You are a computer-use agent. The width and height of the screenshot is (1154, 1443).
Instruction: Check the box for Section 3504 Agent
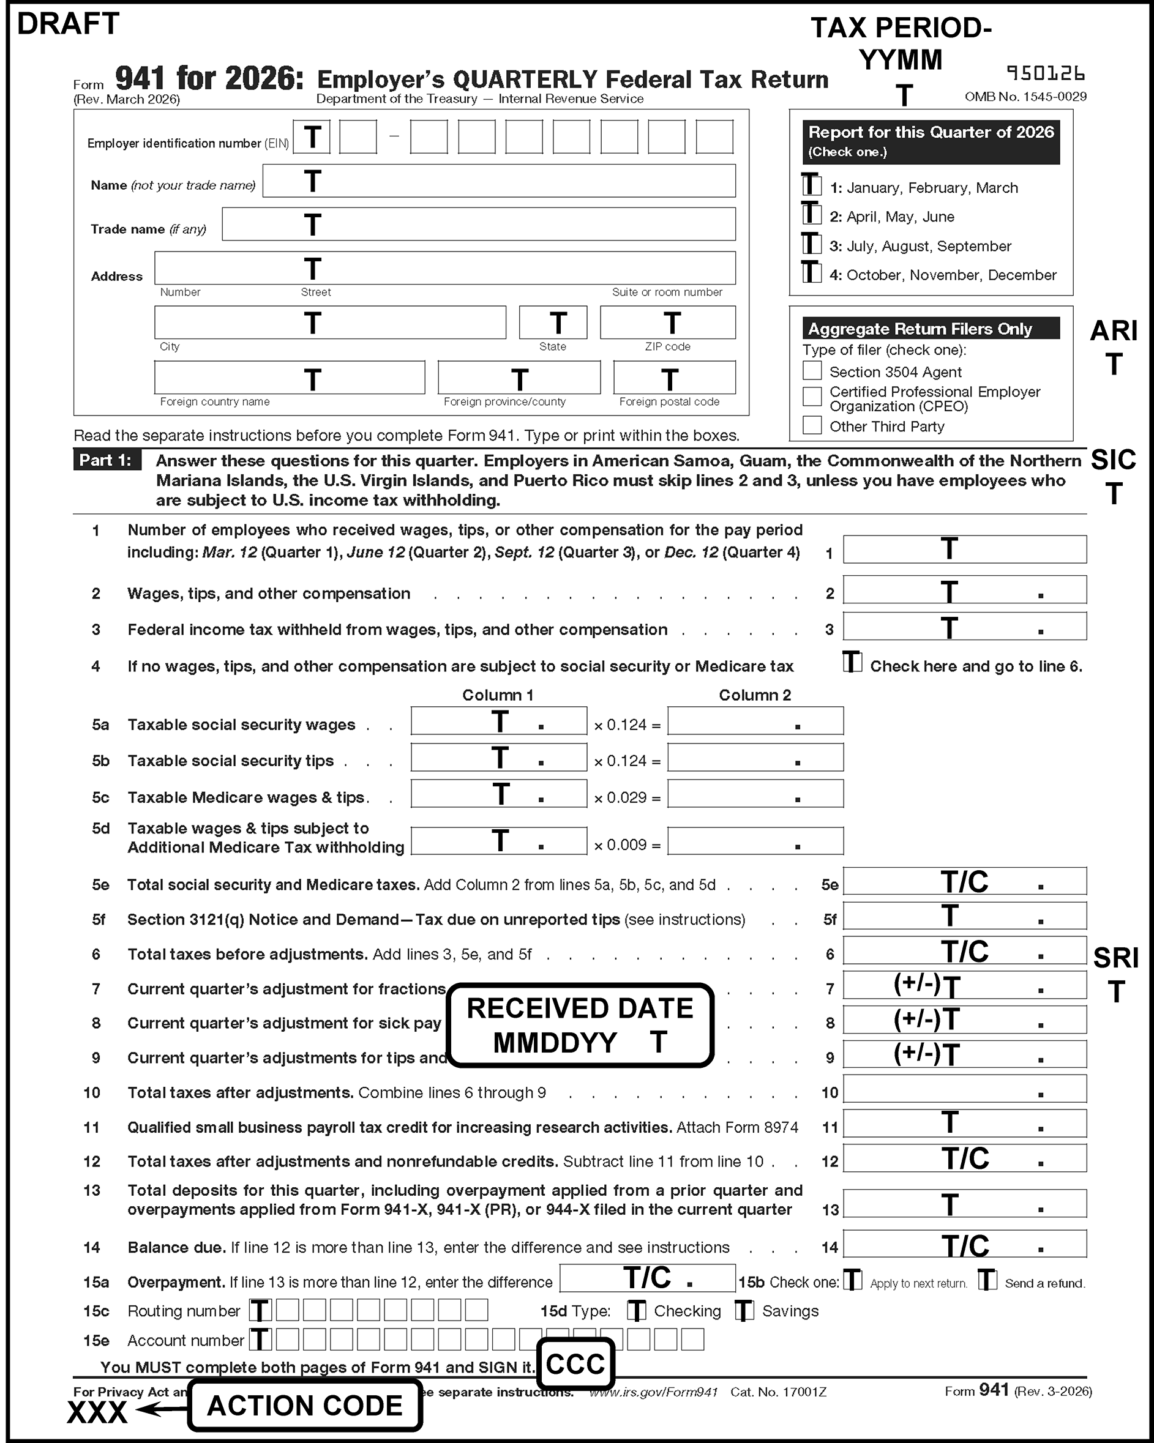coord(812,371)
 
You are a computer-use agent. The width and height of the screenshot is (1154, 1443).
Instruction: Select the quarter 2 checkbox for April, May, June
coord(812,214)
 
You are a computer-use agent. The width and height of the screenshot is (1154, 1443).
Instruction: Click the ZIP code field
coord(667,323)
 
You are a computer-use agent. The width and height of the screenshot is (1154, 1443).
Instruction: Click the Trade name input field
coord(479,224)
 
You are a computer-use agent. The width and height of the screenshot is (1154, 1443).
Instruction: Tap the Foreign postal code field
coord(674,378)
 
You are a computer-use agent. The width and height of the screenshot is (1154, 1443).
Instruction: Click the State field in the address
coord(553,323)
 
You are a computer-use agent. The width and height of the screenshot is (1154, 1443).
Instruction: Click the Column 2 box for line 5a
coord(755,721)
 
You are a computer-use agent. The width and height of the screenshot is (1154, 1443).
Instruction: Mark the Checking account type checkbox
coord(637,1310)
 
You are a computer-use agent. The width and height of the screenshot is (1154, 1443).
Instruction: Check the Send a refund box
coord(987,1280)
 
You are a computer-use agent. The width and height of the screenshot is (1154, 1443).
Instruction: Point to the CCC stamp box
coord(575,1363)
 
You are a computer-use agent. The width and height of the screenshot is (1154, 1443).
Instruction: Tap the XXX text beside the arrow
coord(97,1412)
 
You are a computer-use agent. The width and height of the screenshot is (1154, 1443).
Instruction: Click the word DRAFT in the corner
coord(67,24)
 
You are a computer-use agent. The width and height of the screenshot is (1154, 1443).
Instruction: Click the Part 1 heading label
coord(107,460)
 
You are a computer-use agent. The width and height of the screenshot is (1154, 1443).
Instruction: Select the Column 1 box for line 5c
coord(499,794)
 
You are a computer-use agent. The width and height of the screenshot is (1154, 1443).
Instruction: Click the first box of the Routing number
coord(260,1310)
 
